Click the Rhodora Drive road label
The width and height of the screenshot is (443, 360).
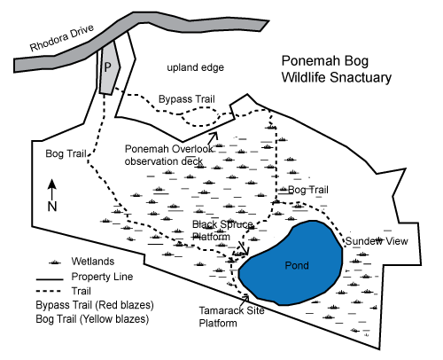pos(62,38)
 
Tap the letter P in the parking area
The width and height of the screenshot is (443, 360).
pos(108,67)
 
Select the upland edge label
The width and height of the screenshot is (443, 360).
pos(196,67)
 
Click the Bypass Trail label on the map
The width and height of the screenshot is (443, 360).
pos(187,99)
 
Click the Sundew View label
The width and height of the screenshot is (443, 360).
pos(377,241)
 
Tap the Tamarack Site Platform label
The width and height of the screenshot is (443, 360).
pos(231,317)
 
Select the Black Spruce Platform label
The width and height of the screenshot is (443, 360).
pos(222,231)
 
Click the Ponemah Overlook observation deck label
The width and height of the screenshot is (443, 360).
pos(169,155)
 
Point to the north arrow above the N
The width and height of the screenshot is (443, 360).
pos(52,190)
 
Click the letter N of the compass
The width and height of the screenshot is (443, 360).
pos(52,207)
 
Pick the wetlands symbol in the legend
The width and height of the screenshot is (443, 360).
pos(55,262)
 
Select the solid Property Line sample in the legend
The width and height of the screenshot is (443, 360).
pos(50,279)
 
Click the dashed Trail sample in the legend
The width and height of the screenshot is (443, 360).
pos(49,291)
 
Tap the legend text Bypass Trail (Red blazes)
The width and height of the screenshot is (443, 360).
pos(95,305)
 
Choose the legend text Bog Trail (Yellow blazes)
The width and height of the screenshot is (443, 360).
pos(92,319)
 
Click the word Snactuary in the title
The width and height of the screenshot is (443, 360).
pos(361,77)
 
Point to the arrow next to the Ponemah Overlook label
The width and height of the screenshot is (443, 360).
pos(214,137)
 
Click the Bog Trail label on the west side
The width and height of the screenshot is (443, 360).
pos(66,153)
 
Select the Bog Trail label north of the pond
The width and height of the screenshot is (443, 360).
pos(308,190)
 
